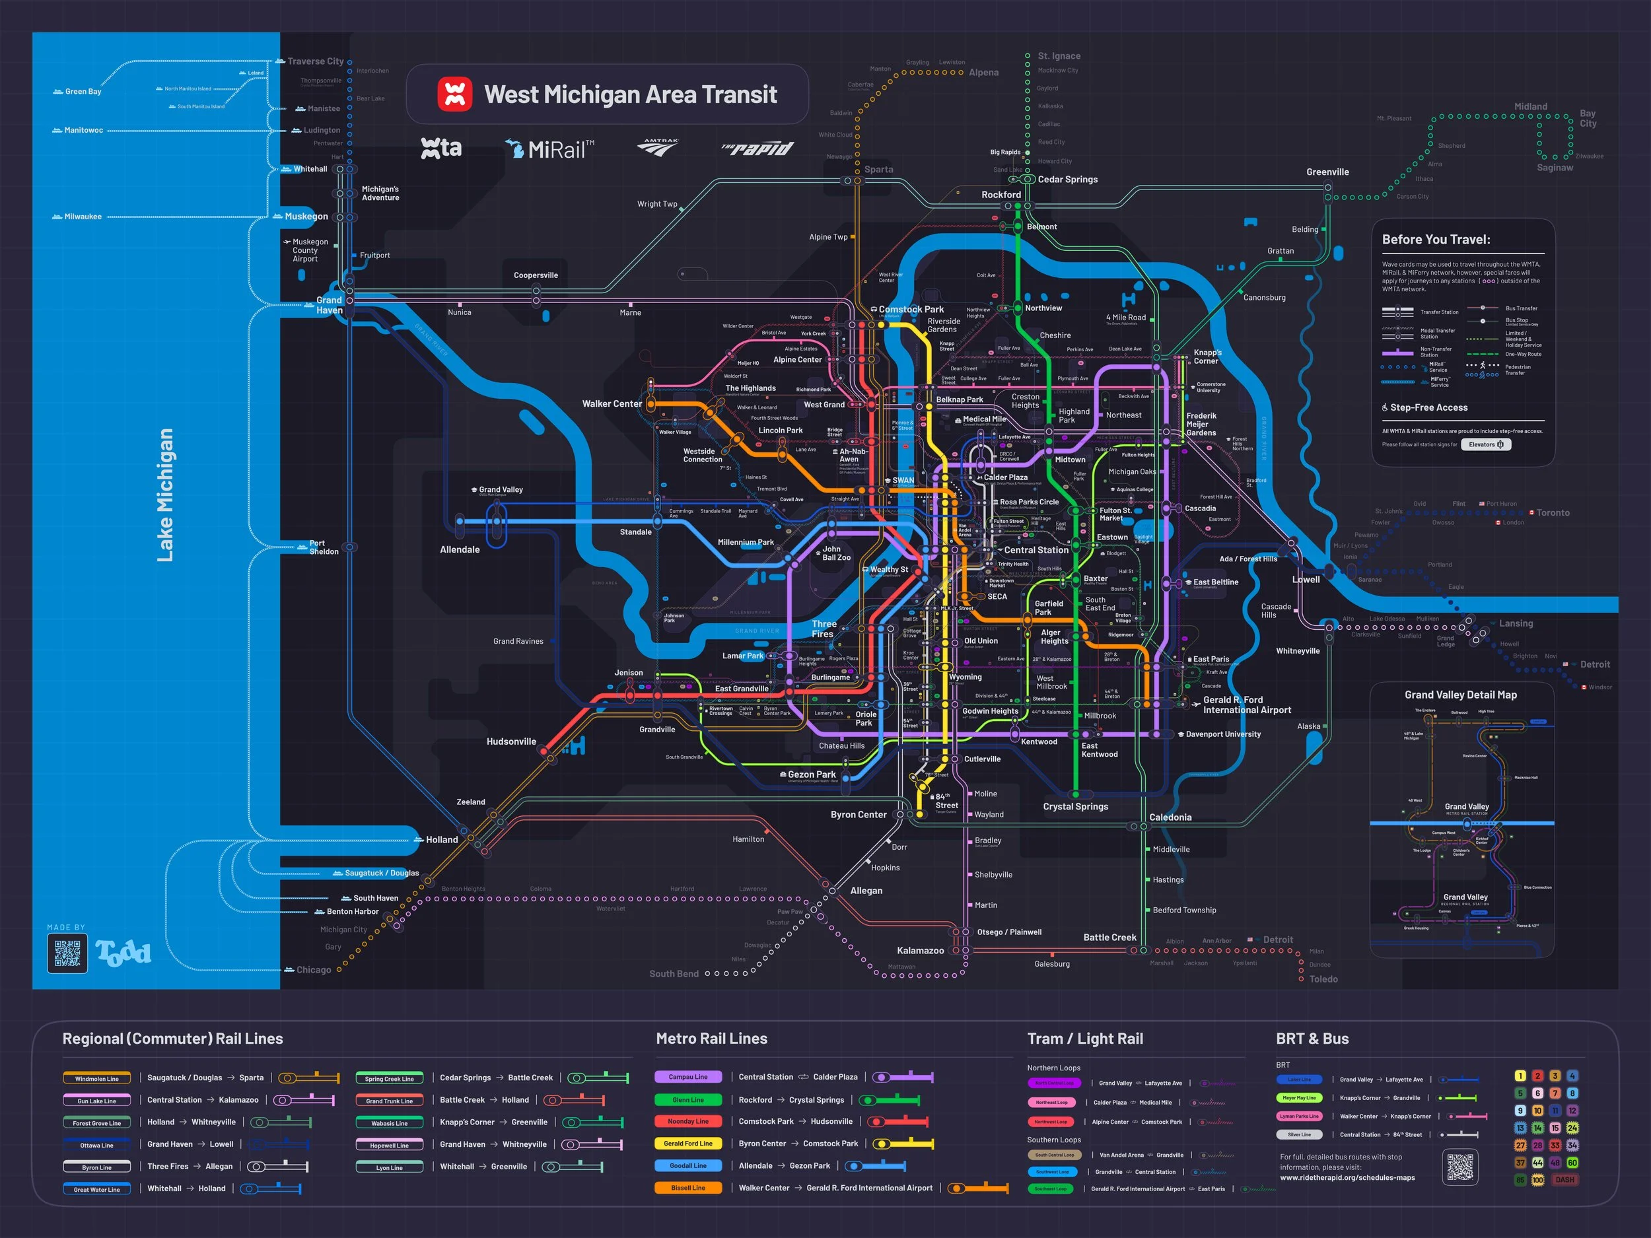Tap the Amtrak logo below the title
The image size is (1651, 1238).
[x=658, y=147]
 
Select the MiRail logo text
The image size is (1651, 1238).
[x=551, y=149]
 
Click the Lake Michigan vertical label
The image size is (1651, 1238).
[x=165, y=495]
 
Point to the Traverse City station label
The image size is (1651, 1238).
[x=316, y=61]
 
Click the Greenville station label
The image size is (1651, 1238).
[x=1327, y=172]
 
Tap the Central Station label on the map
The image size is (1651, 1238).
[x=1036, y=550]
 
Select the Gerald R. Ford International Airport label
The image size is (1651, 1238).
[x=1246, y=705]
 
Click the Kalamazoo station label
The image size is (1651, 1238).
[x=919, y=951]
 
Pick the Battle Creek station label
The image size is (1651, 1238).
[x=1109, y=938]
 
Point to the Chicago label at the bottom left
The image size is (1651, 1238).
[x=314, y=970]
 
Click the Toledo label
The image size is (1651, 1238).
[x=1323, y=979]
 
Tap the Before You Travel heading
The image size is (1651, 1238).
[x=1435, y=240]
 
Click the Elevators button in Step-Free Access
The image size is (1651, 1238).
[x=1485, y=445]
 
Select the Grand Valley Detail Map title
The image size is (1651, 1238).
[x=1460, y=695]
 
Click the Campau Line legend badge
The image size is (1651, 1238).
[x=687, y=1077]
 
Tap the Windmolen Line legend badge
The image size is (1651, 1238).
[x=97, y=1078]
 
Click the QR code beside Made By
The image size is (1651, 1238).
[x=67, y=953]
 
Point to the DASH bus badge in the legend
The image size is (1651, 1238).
[x=1564, y=1180]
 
